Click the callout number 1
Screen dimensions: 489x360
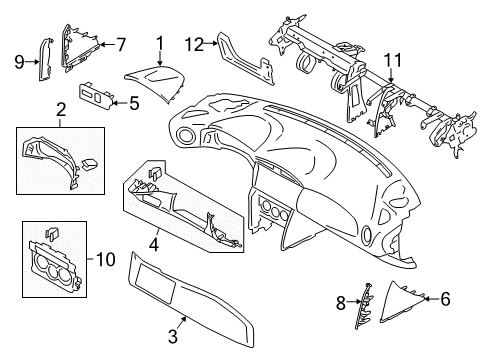point(160,44)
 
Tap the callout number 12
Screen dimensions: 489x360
point(194,44)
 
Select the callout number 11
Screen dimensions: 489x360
point(393,61)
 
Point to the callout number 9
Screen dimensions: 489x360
point(19,62)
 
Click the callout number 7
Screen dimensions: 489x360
point(121,44)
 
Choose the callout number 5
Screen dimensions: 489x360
point(134,104)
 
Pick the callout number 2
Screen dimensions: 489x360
point(61,110)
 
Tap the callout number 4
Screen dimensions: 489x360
point(154,245)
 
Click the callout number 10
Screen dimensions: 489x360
point(106,259)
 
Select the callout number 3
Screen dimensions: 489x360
point(173,336)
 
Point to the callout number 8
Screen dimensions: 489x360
point(340,303)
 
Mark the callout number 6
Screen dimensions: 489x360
point(445,299)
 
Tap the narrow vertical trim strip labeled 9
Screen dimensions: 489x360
point(45,59)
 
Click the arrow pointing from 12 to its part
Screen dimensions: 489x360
point(211,43)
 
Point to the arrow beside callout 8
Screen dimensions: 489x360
point(353,302)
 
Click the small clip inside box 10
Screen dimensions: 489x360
point(52,234)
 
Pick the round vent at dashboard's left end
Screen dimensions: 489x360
point(184,135)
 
